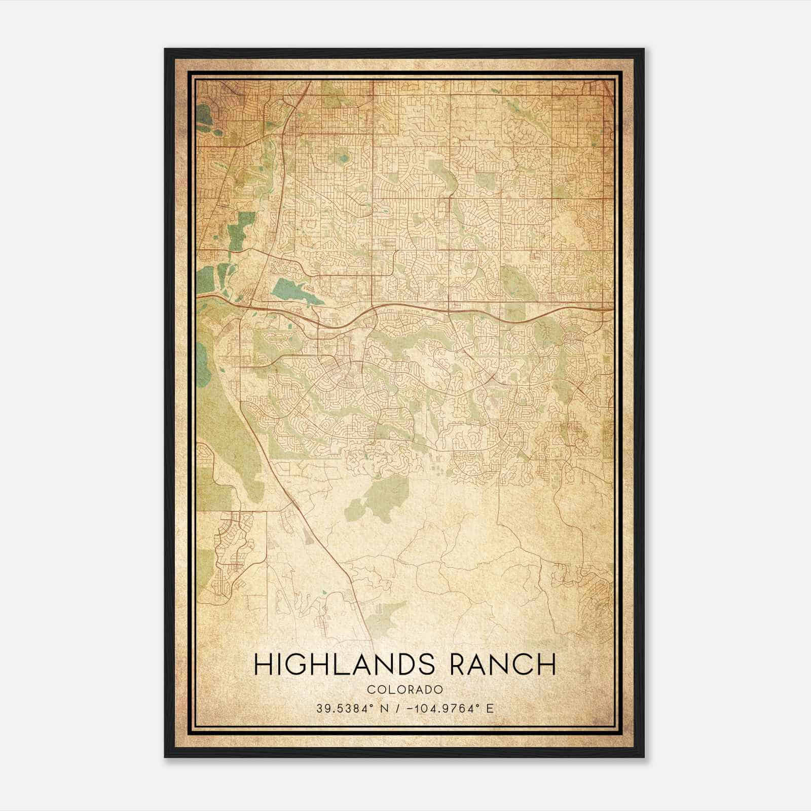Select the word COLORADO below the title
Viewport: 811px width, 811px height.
[x=405, y=689]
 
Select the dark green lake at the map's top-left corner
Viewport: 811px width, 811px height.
[x=204, y=117]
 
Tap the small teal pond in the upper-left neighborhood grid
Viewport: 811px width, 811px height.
[x=345, y=158]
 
